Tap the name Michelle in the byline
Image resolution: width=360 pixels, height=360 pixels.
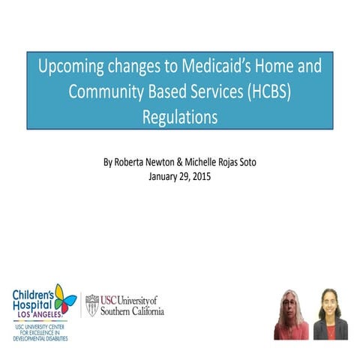[209, 161]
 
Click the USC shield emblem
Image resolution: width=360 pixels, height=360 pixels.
[92, 304]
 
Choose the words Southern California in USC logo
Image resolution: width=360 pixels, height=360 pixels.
[132, 311]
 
